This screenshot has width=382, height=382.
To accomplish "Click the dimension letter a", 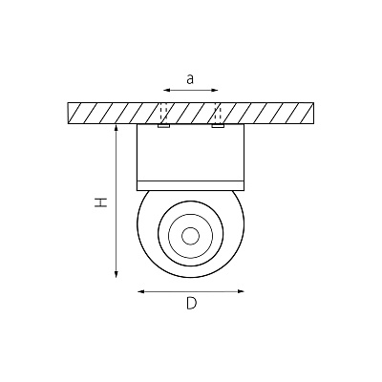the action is [190, 79].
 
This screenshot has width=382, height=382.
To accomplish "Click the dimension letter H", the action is [100, 202].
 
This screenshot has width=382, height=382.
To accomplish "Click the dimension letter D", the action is [191, 303].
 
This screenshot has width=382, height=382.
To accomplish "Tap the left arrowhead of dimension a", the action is [166, 91].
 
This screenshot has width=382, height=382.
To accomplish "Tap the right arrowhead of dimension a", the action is [215, 91].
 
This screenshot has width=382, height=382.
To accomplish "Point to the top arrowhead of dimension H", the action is [117, 128].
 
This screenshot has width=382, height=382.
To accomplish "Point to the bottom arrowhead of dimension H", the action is [117, 274].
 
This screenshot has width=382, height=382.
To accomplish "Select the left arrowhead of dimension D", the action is [140, 291].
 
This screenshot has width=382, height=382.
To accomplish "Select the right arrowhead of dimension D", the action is [241, 291].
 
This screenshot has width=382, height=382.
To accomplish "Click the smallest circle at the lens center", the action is [191, 236].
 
